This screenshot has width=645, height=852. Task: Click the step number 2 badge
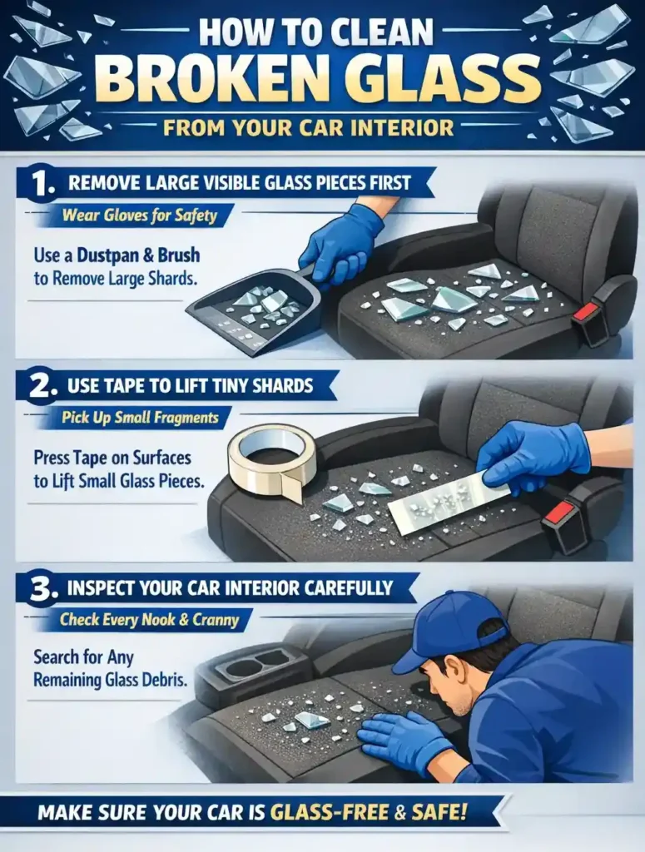(x=35, y=386)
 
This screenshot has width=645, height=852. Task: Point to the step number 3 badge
(x=35, y=588)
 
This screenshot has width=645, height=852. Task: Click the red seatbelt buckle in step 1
(x=587, y=312)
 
